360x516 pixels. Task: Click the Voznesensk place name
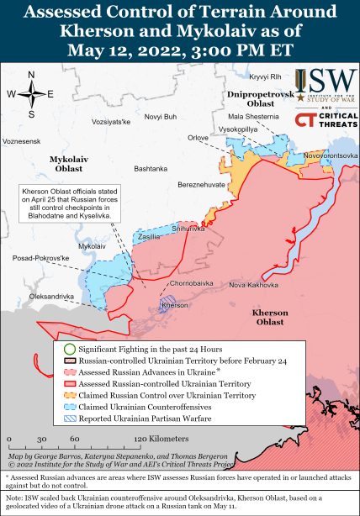(21, 140)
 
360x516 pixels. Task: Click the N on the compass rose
(31, 75)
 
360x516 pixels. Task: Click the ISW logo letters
(328, 80)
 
